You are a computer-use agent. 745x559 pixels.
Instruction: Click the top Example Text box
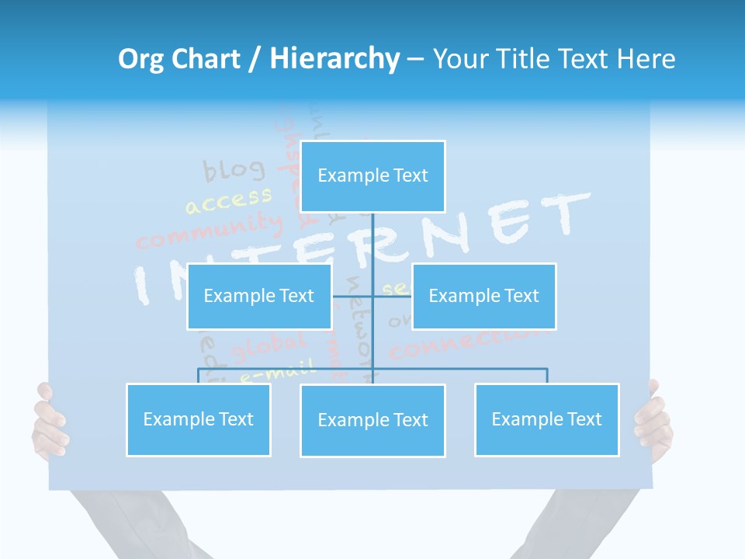pos(372,176)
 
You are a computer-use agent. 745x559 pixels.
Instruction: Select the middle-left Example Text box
pos(259,296)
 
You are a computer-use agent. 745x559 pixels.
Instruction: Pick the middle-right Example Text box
pos(483,296)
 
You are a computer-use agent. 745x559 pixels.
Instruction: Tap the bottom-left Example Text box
pos(199,419)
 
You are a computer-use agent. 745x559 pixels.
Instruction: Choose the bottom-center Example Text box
pos(372,420)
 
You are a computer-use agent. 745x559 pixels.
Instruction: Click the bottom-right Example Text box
pos(546,419)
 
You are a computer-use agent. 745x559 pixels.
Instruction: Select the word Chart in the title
pos(206,59)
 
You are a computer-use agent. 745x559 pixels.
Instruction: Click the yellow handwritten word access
pos(228,200)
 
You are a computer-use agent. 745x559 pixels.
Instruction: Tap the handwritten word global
pos(269,345)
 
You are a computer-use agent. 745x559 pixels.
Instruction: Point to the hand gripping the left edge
pos(48,423)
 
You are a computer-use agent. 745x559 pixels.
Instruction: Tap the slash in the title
pos(255,59)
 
